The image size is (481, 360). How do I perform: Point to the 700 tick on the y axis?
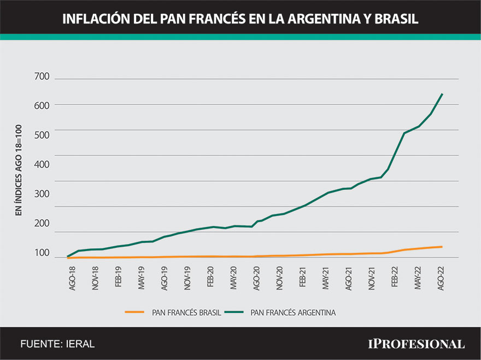tap(42, 76)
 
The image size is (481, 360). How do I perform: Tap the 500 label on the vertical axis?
tap(42, 135)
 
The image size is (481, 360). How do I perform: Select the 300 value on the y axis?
tap(42, 194)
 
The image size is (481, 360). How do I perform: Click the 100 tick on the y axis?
tap(42, 253)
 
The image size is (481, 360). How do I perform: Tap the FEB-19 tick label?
tap(119, 278)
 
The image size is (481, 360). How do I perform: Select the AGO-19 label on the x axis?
tap(165, 278)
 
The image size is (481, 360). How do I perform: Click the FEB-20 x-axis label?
tap(210, 278)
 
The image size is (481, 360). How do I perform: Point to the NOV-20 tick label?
tap(280, 278)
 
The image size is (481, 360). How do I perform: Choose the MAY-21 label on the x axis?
tap(326, 278)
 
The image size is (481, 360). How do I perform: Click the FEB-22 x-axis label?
tap(395, 278)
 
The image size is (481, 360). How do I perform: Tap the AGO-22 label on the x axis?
tap(441, 278)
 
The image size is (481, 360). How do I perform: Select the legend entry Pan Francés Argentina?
tap(292, 312)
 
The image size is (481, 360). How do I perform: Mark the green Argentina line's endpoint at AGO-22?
tap(442, 94)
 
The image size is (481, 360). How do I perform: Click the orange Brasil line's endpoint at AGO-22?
tap(442, 247)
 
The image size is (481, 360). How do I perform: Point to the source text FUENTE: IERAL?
tap(57, 344)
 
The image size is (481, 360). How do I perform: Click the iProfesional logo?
tap(416, 344)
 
